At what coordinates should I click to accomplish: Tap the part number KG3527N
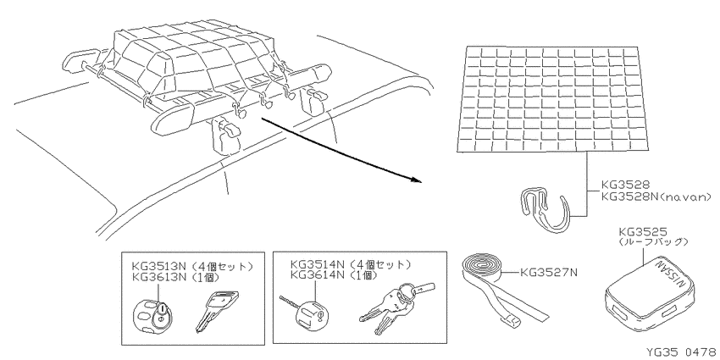548,273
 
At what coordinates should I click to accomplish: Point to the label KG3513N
160,265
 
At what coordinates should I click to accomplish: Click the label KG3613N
160,276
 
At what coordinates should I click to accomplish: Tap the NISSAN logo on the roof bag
672,275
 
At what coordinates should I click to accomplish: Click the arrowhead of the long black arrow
417,180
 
